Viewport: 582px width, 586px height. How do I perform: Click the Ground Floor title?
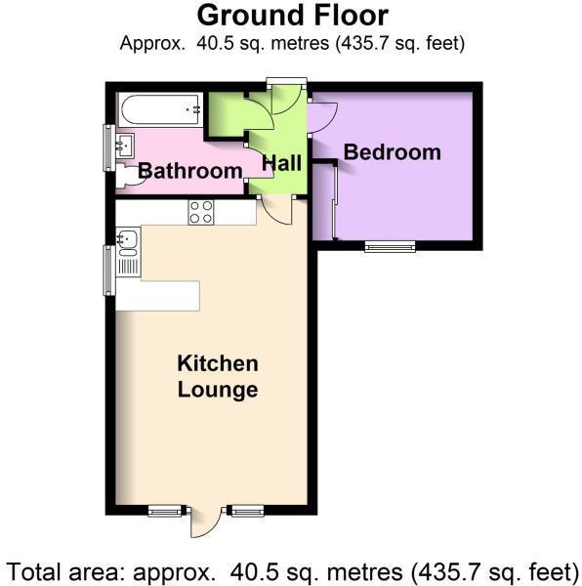[x=292, y=16]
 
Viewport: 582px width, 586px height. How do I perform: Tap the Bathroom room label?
[x=189, y=172]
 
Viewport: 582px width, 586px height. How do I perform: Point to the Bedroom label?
[x=392, y=152]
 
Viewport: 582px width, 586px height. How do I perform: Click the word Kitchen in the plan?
[x=217, y=364]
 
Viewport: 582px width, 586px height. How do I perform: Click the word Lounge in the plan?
[x=217, y=390]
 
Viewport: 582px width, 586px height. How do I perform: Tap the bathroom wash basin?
[x=123, y=147]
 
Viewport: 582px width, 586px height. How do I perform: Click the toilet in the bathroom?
[x=125, y=177]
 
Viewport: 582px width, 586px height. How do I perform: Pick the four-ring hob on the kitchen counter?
[x=201, y=212]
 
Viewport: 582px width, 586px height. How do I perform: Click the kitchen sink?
[x=127, y=236]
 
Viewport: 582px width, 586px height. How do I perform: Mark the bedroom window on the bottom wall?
[x=390, y=246]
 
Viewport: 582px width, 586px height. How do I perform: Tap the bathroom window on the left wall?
[x=108, y=147]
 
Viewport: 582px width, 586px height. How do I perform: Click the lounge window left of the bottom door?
[x=165, y=510]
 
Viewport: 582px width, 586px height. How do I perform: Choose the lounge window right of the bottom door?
[x=244, y=510]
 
